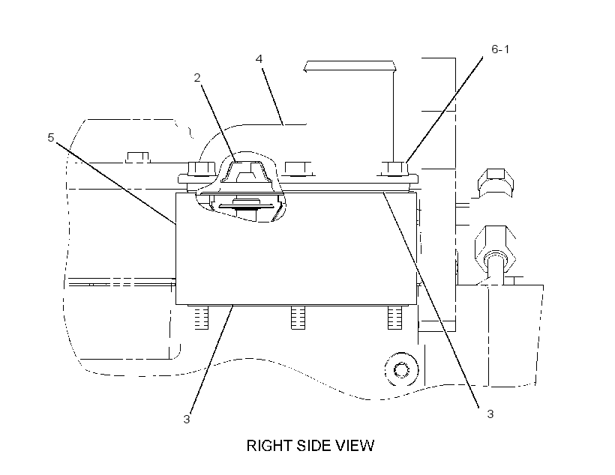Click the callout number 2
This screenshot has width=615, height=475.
(x=197, y=78)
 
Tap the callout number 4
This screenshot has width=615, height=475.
(x=259, y=58)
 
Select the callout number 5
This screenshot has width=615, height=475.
(x=50, y=138)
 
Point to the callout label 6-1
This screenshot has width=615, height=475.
(x=500, y=49)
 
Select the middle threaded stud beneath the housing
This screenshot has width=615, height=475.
(x=298, y=318)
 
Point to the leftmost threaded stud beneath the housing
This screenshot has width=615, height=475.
(x=202, y=318)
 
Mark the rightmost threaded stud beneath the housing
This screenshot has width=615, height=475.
(x=394, y=318)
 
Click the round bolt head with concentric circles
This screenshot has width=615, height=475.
(x=401, y=369)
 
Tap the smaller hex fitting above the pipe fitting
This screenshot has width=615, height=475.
(x=495, y=182)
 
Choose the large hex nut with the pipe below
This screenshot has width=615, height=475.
(x=495, y=247)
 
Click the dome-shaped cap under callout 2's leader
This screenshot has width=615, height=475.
(x=245, y=172)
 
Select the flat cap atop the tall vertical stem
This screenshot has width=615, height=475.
(x=349, y=66)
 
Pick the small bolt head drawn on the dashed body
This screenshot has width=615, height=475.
(x=138, y=157)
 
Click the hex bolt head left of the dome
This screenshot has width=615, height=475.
(x=202, y=169)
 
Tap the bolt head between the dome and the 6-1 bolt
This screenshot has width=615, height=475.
(x=298, y=169)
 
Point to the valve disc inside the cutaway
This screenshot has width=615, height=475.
(x=246, y=205)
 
